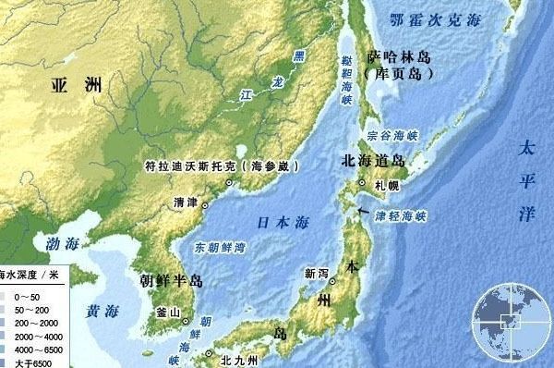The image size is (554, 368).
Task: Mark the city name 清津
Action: pos(186,202)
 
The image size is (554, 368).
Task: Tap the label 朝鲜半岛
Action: pos(171,280)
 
